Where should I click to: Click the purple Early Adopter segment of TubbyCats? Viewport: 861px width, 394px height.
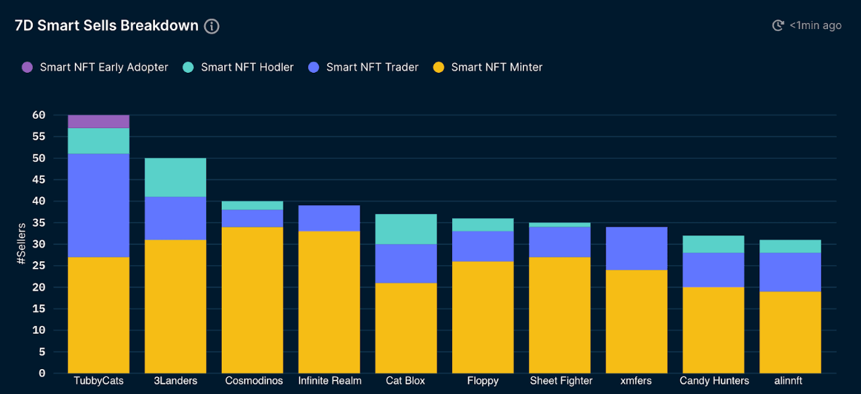pos(98,121)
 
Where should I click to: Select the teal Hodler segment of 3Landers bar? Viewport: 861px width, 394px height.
pos(175,177)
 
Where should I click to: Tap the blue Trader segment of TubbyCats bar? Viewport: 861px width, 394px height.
pos(98,205)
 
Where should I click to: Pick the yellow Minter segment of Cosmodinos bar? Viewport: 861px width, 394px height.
pos(252,300)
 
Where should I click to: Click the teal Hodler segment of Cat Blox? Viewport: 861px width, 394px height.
pos(406,229)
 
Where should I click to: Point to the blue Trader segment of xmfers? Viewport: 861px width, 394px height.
pos(636,248)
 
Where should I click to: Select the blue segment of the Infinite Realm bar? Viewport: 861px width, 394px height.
pos(329,218)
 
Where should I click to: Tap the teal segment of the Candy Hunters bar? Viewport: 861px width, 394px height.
pos(713,244)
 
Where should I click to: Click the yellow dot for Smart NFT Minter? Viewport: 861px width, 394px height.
pos(439,67)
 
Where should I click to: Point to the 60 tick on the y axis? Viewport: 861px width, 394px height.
pos(38,115)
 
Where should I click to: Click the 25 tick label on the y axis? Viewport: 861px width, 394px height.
pos(38,266)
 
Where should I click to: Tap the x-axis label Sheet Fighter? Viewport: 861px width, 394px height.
pos(561,381)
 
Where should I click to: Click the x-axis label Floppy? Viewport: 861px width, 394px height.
pos(482,381)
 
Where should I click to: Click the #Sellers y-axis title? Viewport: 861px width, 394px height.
pos(22,243)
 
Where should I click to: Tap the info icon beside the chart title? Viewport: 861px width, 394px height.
pos(212,26)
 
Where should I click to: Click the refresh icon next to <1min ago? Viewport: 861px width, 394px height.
pos(778,26)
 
